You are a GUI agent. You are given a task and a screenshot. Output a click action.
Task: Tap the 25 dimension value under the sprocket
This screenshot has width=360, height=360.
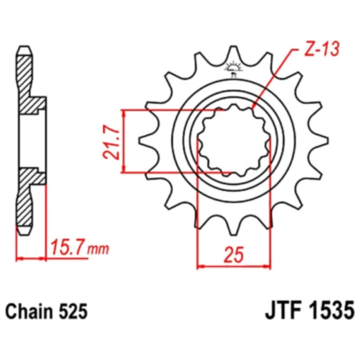point(234,255)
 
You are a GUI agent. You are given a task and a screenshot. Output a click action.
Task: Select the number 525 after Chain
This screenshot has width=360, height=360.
point(74,312)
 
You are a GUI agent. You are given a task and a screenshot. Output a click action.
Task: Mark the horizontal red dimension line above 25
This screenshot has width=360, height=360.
point(233,266)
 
